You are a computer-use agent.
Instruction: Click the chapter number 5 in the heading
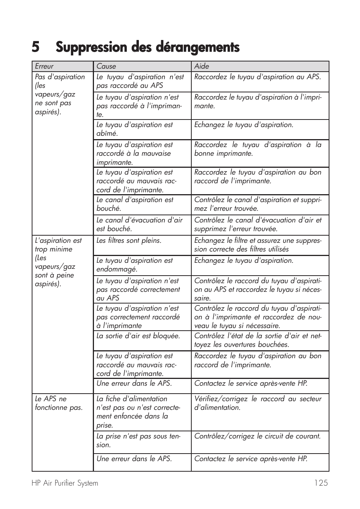[35, 48]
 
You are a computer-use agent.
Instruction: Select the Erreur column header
[44, 66]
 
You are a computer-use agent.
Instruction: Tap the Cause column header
[106, 66]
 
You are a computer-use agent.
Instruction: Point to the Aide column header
[202, 66]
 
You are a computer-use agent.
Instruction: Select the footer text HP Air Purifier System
[65, 483]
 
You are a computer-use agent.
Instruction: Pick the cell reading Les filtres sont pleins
[129, 241]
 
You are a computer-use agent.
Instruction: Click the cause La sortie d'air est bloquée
[138, 336]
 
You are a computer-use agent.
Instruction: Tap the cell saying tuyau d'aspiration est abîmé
[134, 129]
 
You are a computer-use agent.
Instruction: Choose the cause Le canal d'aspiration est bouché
[135, 204]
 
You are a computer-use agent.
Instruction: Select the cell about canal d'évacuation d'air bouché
[139, 224]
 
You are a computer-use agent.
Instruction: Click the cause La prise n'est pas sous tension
[138, 440]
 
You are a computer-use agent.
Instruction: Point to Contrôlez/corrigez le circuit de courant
[257, 436]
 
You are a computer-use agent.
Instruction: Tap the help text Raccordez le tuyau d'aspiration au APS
[257, 77]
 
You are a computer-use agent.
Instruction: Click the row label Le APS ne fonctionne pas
[58, 403]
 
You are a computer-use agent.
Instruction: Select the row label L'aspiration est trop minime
[58, 262]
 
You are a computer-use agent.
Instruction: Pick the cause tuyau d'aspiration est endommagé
[134, 265]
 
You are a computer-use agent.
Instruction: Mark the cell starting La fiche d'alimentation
[138, 412]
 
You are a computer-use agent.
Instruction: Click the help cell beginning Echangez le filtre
[258, 245]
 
